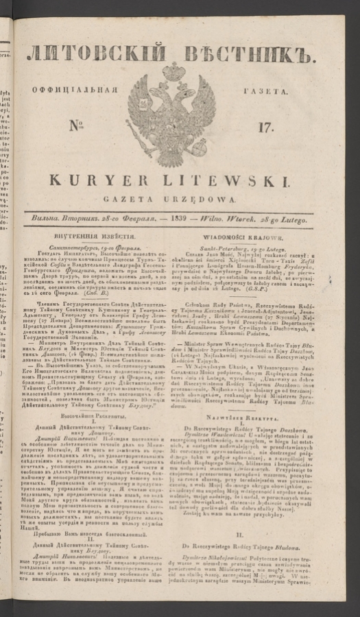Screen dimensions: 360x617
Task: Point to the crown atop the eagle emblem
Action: coord(173,71)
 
